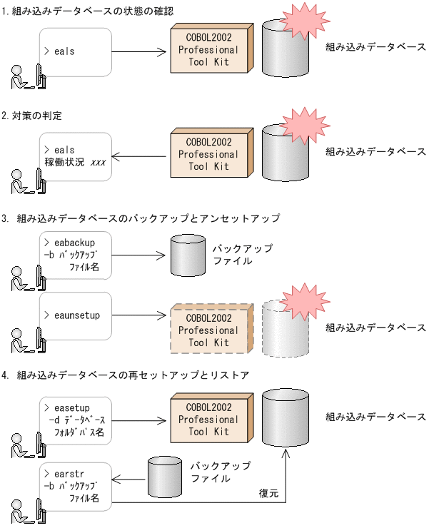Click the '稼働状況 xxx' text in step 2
pos(75,163)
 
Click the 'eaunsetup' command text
pos(76,314)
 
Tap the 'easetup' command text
pos(71,407)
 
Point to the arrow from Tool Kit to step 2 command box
pos(140,157)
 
